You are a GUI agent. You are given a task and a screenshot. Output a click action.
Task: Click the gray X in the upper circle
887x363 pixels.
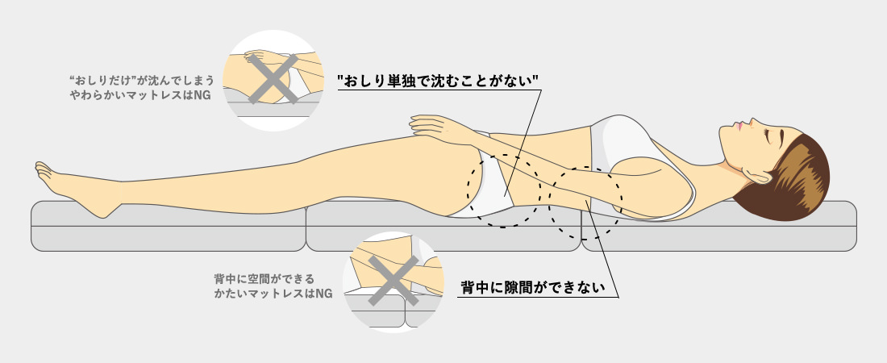pyautogui.click(x=274, y=79)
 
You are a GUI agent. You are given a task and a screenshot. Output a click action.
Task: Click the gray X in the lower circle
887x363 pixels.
pyautogui.click(x=394, y=281)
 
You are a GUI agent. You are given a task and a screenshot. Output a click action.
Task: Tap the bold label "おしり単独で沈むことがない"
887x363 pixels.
pyautogui.click(x=437, y=81)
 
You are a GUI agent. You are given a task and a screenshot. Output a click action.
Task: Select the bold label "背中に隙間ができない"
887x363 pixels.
pyautogui.click(x=532, y=287)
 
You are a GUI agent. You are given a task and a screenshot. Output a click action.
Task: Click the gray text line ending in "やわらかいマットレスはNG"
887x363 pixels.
pyautogui.click(x=140, y=95)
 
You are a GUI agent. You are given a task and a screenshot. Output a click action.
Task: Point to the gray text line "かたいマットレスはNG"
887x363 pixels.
pyautogui.click(x=273, y=294)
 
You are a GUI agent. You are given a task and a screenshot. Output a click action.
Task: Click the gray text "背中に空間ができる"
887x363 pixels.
pyautogui.click(x=264, y=279)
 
